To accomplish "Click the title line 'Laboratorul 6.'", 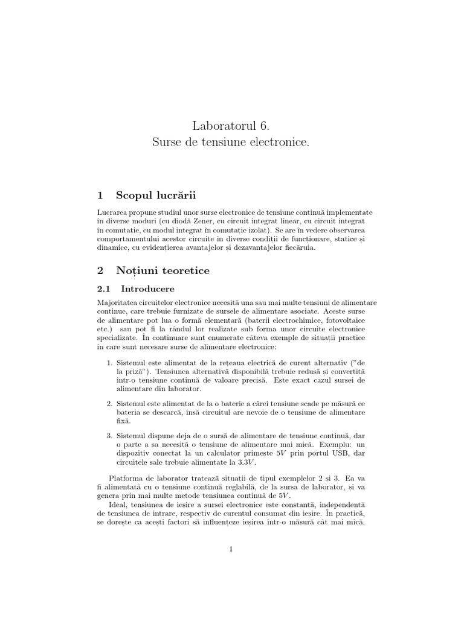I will click(x=231, y=126).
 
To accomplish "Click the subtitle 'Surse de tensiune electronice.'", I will click(x=231, y=143).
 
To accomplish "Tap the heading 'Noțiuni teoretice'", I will click(x=163, y=271).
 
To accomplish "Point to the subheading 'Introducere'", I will click(x=147, y=288).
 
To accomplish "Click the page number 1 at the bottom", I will click(x=231, y=549).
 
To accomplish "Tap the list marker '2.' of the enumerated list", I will click(x=109, y=403).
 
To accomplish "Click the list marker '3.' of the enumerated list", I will click(x=109, y=435).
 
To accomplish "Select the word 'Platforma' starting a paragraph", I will click(x=124, y=477).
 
